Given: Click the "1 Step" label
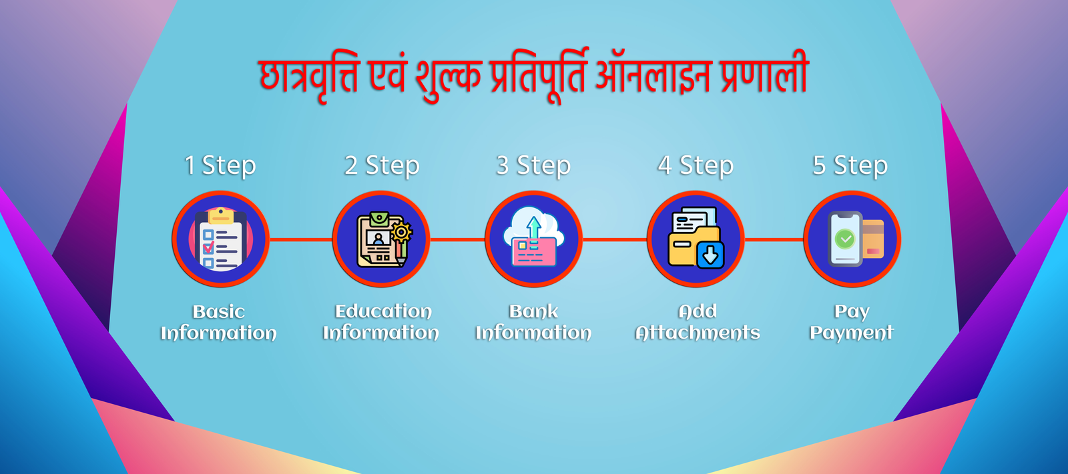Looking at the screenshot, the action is [x=220, y=166].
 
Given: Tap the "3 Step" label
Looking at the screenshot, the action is [x=533, y=166].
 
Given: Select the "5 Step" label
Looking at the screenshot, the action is [x=850, y=166].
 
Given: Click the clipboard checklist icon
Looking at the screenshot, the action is [x=221, y=239].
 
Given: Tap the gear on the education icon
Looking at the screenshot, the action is [x=401, y=232].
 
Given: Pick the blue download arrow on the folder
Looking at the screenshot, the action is [x=710, y=255].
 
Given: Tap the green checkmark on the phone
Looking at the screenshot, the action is [x=845, y=238].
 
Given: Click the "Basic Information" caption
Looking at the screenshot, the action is [x=218, y=322].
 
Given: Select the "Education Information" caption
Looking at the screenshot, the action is [x=381, y=321].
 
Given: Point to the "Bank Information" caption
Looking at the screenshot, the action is [x=533, y=321].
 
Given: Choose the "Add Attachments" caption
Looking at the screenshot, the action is [x=698, y=321].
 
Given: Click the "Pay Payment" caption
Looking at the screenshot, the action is [x=852, y=321].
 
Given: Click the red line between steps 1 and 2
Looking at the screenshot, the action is [x=301, y=239].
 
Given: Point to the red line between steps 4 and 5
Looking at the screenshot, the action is [x=774, y=239].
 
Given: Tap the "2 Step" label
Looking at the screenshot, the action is [x=382, y=166].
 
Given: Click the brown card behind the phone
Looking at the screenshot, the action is [x=874, y=239].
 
